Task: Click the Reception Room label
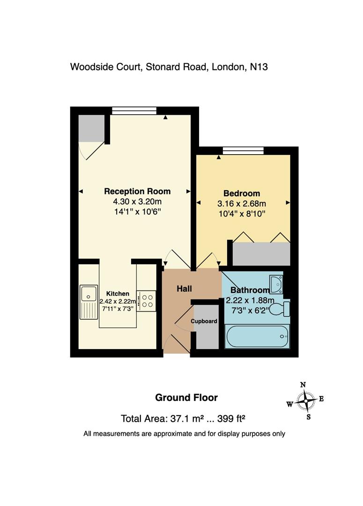click(137, 191)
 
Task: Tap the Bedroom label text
click(242, 193)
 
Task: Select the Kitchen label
click(118, 294)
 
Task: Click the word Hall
click(184, 289)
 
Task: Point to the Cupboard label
click(204, 321)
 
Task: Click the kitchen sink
click(88, 302)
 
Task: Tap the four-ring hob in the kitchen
click(146, 300)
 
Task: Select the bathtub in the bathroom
click(257, 336)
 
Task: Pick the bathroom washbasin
click(276, 284)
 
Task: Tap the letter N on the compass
click(303, 385)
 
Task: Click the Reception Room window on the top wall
click(134, 111)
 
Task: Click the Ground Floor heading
click(186, 398)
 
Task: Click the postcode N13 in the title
click(259, 67)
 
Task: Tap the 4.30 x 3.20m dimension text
click(137, 201)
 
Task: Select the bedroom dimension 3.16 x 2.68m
click(242, 204)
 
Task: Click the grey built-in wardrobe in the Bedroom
click(261, 254)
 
